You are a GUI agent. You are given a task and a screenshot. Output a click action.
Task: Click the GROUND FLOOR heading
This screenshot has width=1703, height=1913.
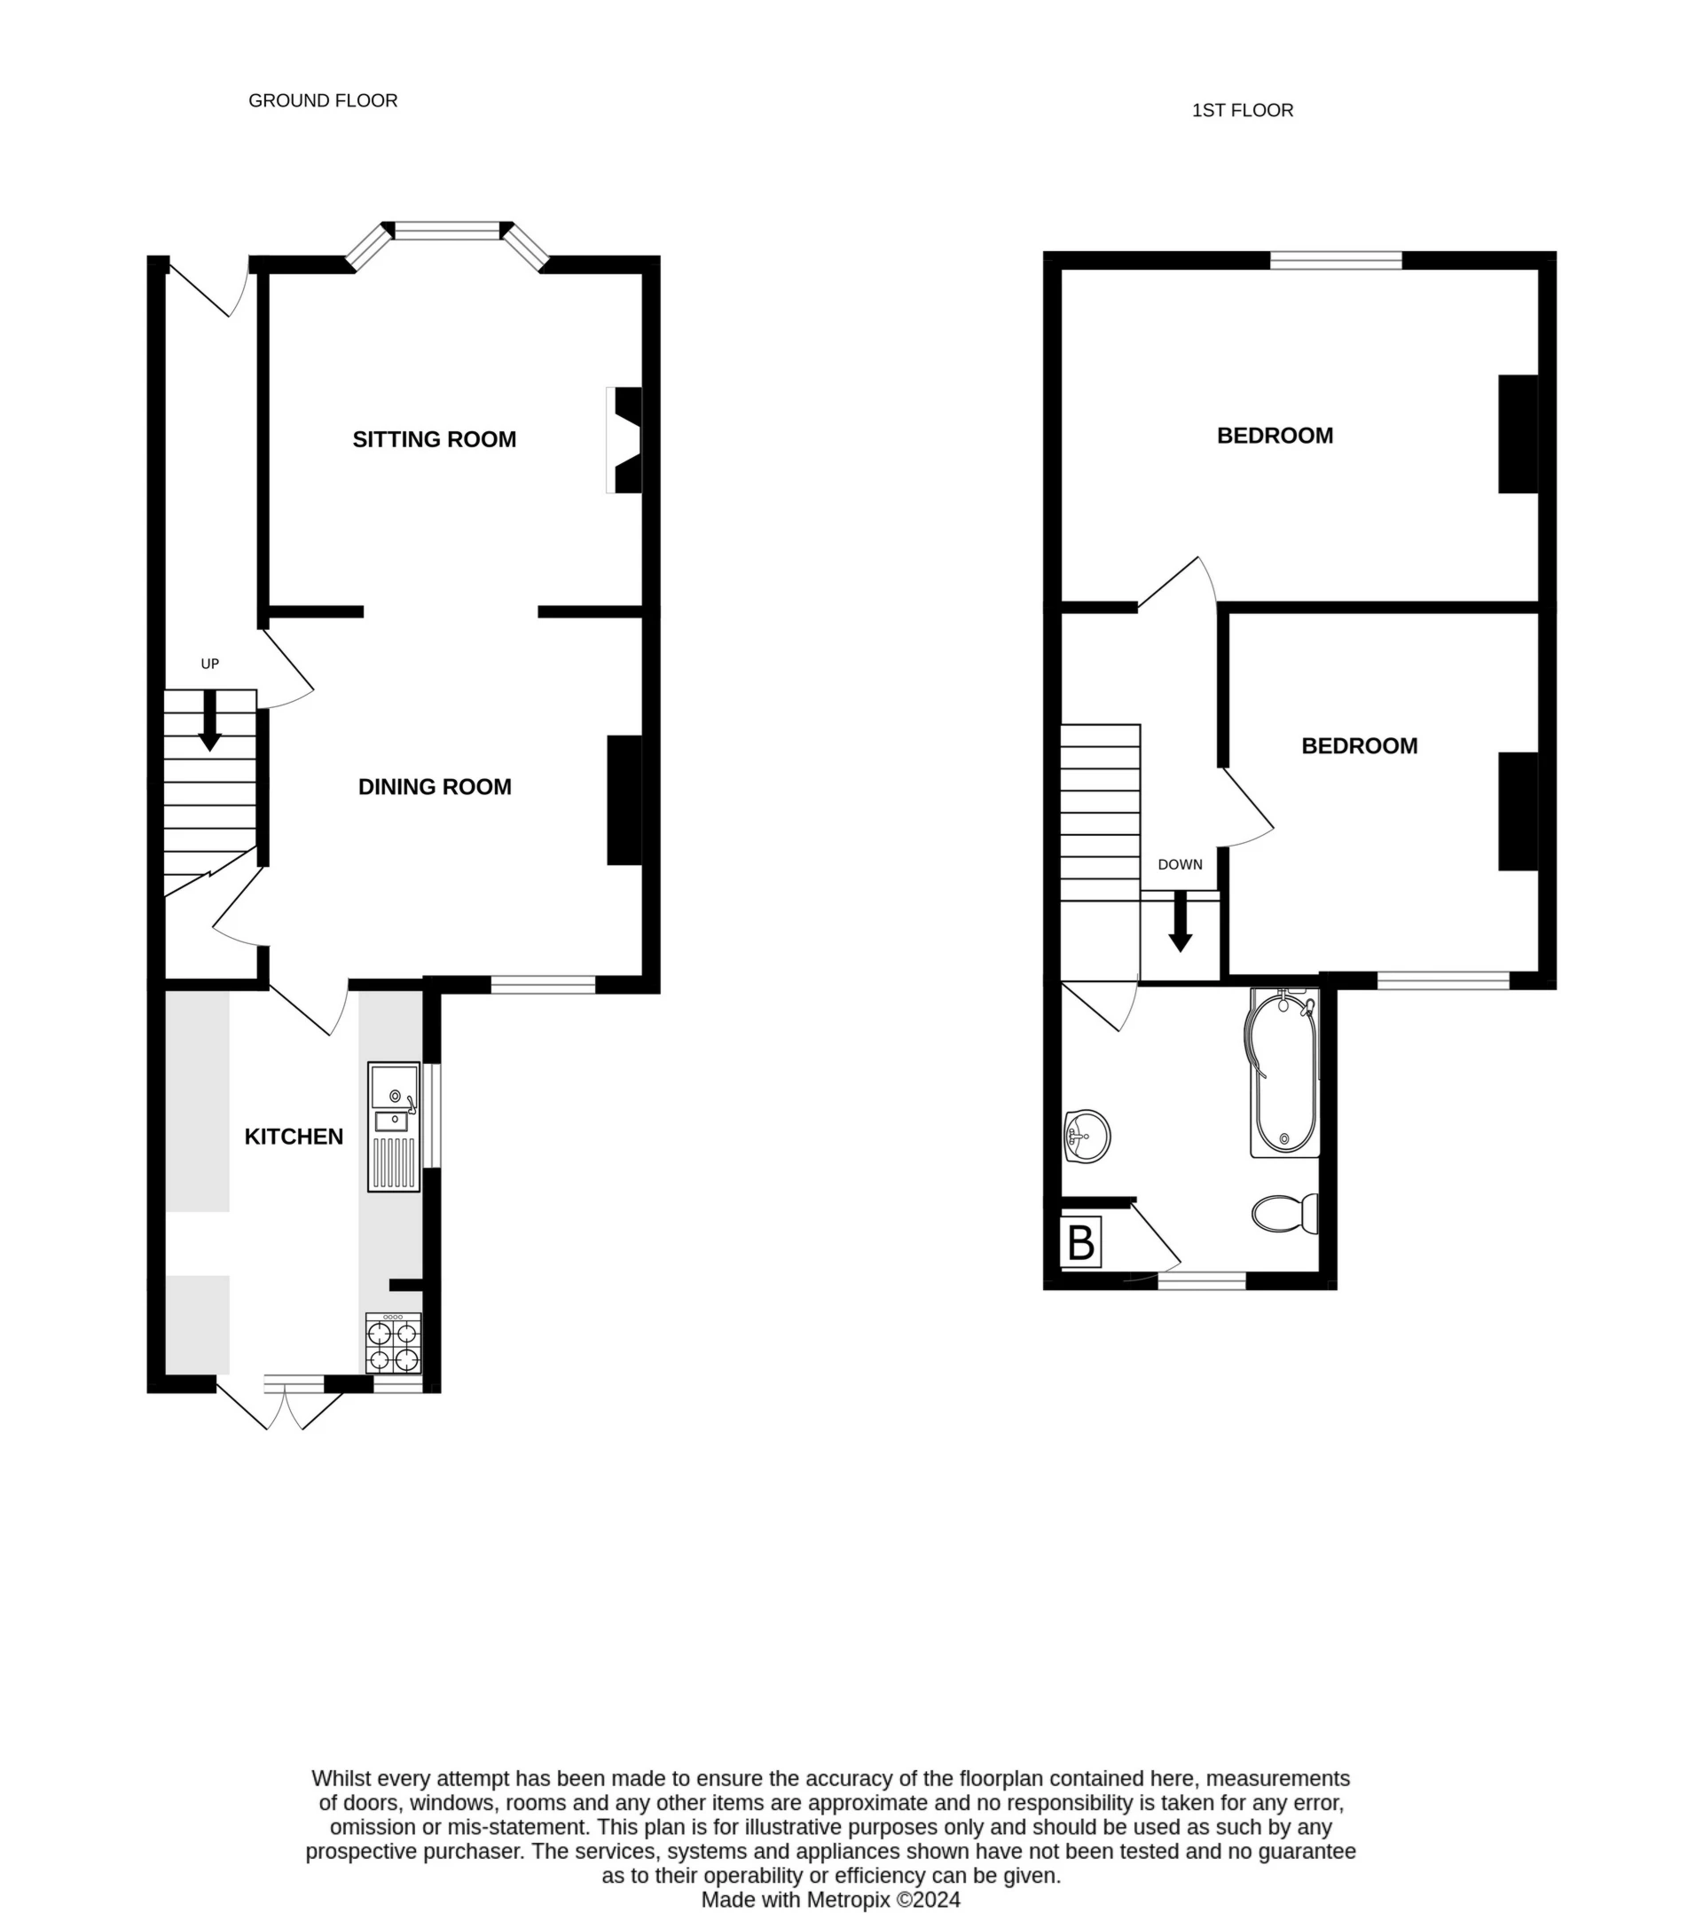323,100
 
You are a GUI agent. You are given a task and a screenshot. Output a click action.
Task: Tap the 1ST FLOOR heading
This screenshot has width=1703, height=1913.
1242,110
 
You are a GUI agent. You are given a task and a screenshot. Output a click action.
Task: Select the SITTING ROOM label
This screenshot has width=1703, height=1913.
434,440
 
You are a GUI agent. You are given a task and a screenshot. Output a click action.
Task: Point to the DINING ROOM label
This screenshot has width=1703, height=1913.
434,787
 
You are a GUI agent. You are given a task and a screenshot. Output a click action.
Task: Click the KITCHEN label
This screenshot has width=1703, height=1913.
294,1137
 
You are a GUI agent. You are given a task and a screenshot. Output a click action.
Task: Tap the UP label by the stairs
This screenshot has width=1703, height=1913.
209,664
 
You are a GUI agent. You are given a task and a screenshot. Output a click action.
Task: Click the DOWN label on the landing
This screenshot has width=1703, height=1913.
1180,865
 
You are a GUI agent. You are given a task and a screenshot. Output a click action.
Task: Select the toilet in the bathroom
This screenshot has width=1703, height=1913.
1284,1214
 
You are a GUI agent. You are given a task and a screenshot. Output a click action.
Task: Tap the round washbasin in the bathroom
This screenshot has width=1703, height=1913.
1087,1137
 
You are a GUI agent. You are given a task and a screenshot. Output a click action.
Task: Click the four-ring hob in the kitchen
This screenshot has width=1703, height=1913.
393,1344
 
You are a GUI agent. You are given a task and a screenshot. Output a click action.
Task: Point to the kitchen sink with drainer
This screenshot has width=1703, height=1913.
394,1127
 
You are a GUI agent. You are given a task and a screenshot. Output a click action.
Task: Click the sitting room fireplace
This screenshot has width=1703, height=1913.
625,440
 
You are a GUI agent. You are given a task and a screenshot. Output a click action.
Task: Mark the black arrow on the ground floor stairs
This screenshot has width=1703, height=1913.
209,720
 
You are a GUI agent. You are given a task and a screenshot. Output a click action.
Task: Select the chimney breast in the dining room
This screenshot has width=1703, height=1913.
624,800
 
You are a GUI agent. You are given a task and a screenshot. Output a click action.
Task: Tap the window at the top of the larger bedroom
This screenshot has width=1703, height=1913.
1335,260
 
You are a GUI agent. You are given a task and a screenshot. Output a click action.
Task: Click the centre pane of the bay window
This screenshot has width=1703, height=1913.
447,230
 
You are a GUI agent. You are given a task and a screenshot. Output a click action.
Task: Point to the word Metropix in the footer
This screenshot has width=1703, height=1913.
850,1900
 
